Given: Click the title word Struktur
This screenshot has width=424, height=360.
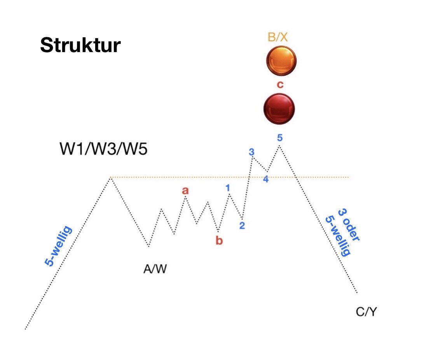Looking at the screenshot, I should point(80,46).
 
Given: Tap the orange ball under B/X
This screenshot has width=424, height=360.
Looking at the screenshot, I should point(281,61).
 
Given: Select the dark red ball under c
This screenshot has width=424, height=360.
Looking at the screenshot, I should point(279,108).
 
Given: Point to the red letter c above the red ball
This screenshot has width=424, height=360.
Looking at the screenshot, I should point(279,85).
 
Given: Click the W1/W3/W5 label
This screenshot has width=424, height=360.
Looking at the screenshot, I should point(103,149).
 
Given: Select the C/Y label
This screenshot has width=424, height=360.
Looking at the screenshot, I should point(366,311).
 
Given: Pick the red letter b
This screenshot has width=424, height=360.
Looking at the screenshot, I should point(219,241).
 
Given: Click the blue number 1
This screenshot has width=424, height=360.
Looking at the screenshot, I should point(228,188).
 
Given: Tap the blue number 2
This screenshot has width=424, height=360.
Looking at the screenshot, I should point(242,225).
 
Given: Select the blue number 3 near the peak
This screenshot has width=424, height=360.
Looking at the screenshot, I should point(251,152).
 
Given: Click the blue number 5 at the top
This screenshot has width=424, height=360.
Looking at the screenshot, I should point(279,137).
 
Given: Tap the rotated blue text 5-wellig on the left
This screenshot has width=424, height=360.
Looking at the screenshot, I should point(58,246).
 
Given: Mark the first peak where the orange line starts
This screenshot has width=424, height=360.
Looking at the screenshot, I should point(111,178).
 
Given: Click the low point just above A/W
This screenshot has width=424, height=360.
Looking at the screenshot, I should point(148,246).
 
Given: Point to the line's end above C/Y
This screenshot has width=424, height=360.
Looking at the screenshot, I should point(356,292).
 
